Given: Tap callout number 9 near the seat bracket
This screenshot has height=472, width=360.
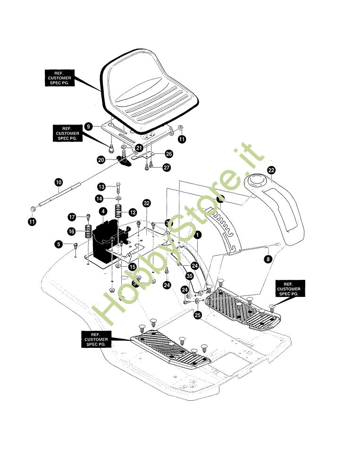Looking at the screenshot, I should click(x=88, y=126).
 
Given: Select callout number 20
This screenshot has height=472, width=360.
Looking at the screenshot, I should click(x=101, y=160).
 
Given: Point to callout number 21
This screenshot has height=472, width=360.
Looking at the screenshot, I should click(x=139, y=148).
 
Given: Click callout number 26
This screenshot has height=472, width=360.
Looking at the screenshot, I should click(x=169, y=154).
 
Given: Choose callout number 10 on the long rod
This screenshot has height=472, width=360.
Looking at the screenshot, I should click(x=58, y=182).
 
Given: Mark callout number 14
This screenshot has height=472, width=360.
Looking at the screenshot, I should click(x=99, y=198).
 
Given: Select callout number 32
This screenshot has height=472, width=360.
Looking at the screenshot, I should click(x=147, y=203).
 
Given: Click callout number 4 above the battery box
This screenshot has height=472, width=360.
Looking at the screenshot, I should click(x=103, y=211).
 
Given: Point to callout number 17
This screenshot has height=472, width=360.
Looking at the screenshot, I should click(x=72, y=217).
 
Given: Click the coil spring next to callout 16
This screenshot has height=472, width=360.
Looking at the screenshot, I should click(x=88, y=232).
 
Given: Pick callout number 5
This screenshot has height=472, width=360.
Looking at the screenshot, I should click(x=58, y=244).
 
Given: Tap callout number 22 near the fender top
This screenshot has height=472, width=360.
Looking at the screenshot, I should click(x=271, y=170).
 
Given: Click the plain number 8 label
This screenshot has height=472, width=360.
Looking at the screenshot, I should click(x=268, y=259).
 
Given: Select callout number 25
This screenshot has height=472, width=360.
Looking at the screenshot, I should click(x=198, y=315).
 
